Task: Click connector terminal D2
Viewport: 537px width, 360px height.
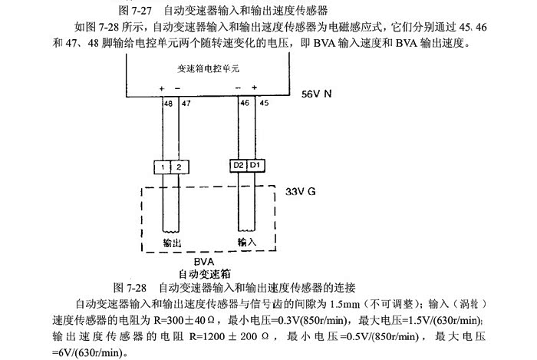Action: click(239, 164)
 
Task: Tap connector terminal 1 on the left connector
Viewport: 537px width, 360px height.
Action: click(164, 167)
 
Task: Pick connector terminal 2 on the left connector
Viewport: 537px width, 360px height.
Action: click(179, 167)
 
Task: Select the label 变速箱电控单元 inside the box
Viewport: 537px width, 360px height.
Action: click(204, 68)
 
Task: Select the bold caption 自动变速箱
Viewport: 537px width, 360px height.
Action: click(205, 273)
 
